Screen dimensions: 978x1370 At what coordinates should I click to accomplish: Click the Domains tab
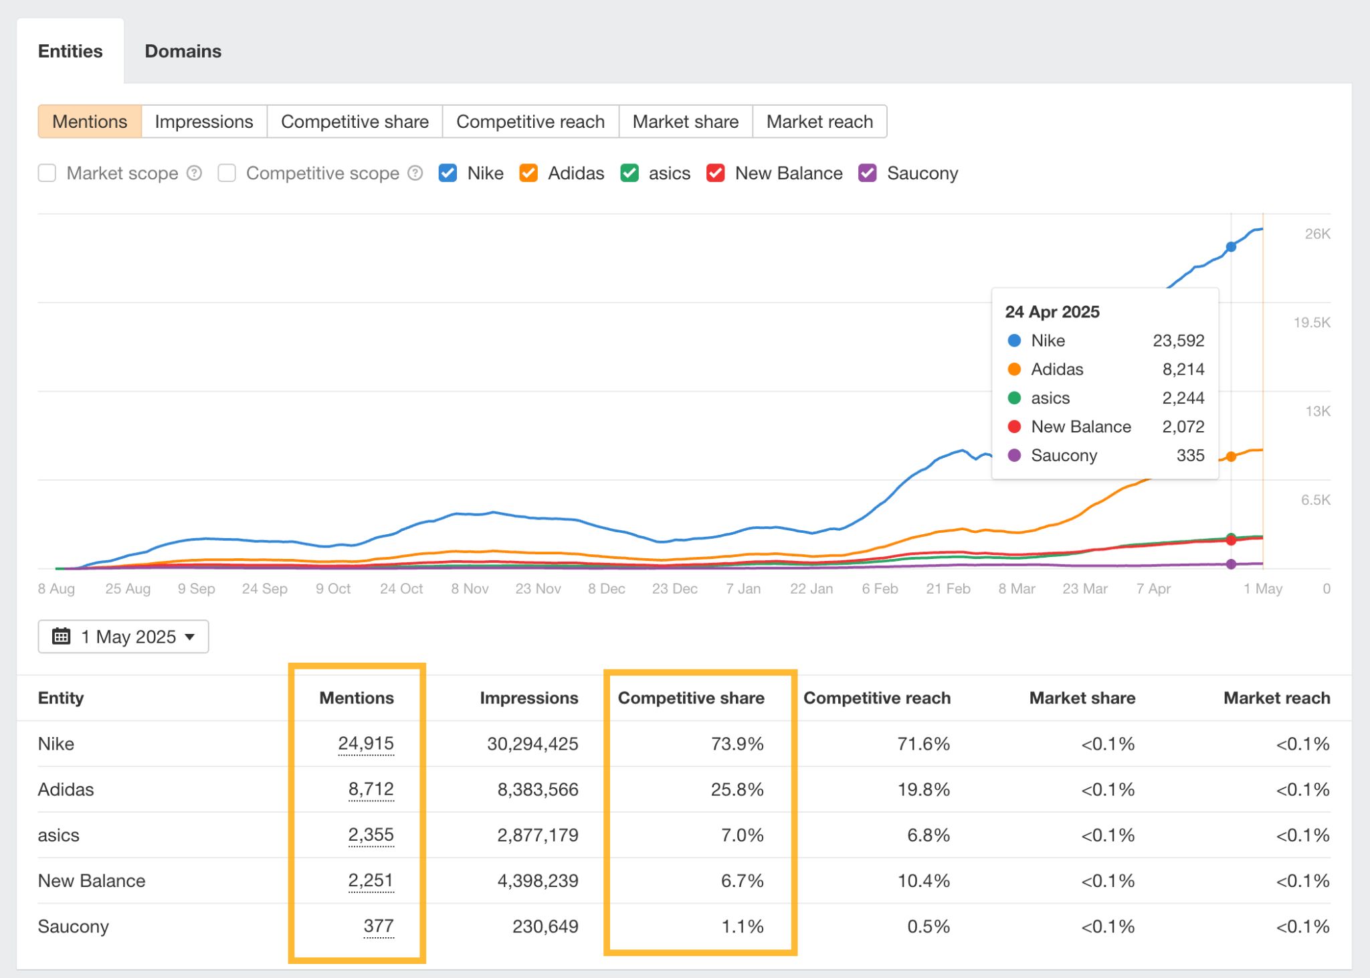click(183, 52)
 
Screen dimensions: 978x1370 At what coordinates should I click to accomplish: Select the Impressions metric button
click(204, 122)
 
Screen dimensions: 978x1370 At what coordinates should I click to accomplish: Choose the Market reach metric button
click(819, 122)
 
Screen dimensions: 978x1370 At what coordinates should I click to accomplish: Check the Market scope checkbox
click(47, 173)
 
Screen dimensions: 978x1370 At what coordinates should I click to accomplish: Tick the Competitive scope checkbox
click(227, 173)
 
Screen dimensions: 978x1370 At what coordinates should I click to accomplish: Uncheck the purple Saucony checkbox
click(868, 173)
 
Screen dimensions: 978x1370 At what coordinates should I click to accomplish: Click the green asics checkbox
click(629, 173)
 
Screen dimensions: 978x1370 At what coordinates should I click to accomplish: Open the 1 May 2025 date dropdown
click(123, 637)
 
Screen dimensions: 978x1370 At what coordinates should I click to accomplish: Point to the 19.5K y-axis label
click(1311, 323)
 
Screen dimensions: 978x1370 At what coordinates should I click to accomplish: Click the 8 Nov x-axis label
click(470, 589)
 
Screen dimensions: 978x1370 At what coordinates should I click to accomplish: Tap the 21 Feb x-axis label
click(948, 589)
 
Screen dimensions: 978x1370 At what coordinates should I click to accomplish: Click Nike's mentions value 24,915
click(366, 744)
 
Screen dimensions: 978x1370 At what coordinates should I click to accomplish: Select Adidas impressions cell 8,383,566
click(537, 790)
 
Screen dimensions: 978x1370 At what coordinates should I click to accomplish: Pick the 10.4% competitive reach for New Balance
click(923, 881)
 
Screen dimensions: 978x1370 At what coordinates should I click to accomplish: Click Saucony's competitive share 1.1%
click(742, 926)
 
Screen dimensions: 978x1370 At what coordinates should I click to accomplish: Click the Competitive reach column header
click(876, 698)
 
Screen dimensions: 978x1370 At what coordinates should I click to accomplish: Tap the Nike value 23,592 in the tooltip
click(1178, 341)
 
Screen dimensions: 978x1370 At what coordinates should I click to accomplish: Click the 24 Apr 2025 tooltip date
click(1052, 312)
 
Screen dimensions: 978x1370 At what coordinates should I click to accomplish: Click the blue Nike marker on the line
click(1231, 247)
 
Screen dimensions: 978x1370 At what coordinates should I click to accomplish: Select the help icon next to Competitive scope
click(415, 173)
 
